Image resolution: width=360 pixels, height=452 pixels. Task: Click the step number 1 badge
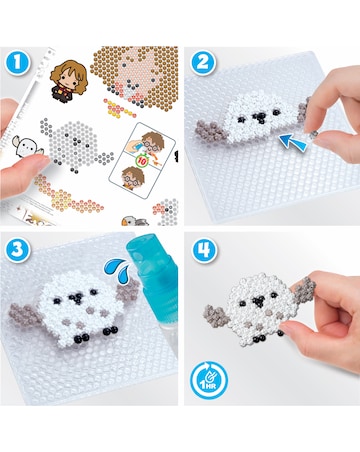(x=17, y=61)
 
